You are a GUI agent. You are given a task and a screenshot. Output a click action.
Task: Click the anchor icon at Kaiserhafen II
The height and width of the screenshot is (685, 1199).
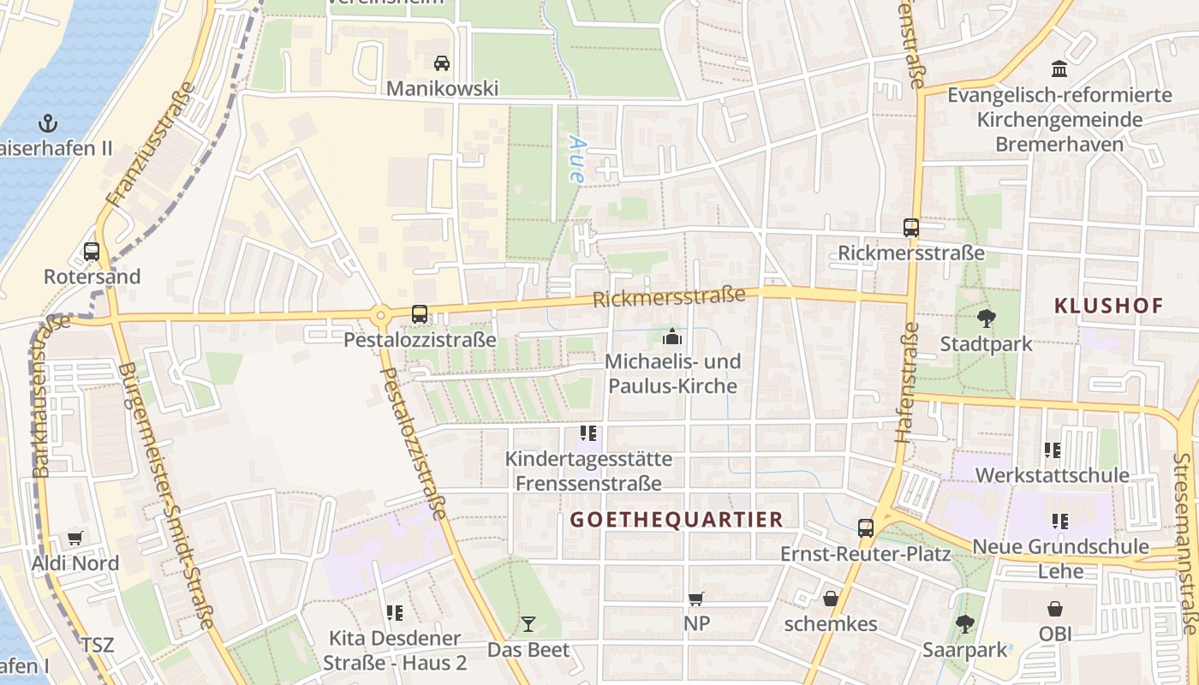click(48, 122)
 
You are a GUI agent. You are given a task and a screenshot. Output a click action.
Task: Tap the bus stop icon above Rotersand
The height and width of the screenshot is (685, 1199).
click(92, 252)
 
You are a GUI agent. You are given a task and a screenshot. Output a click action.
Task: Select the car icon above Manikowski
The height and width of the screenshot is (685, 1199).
click(442, 63)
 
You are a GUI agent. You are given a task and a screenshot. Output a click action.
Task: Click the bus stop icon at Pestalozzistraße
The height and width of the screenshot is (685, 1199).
click(420, 314)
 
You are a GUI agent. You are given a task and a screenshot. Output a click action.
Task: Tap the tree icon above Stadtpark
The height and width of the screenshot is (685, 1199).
click(986, 319)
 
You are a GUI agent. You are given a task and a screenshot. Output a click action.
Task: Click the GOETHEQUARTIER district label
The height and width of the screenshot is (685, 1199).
click(677, 520)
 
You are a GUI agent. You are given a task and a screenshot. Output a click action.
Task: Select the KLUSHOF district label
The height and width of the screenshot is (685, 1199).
click(1108, 306)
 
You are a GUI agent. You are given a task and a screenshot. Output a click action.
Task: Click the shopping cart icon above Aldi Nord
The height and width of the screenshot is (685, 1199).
click(75, 539)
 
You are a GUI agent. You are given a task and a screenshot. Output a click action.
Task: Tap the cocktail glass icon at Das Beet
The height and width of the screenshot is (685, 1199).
click(528, 624)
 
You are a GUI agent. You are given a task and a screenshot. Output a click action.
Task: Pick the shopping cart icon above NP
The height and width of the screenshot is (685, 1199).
click(696, 599)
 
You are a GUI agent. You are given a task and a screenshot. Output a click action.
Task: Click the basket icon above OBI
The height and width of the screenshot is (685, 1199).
click(1055, 609)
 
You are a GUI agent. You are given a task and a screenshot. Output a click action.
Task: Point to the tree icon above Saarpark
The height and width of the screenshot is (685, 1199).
click(965, 624)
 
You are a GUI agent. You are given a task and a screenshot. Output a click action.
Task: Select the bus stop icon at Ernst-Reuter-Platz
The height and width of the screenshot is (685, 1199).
click(866, 527)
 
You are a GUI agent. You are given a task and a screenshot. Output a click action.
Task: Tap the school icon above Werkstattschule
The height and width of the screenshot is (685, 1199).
click(1053, 450)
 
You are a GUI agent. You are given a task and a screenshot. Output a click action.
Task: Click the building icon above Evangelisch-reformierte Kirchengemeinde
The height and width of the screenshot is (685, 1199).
click(1059, 68)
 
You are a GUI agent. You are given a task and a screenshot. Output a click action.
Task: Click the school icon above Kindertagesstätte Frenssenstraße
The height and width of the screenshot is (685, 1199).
click(588, 433)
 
